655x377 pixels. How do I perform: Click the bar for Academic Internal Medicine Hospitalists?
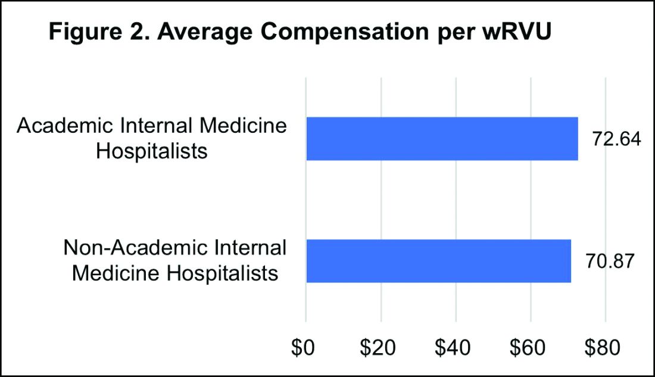(x=442, y=139)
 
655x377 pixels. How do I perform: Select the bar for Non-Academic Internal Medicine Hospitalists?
(x=438, y=261)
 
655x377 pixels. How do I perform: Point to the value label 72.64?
(x=616, y=139)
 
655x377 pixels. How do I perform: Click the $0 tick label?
(x=306, y=347)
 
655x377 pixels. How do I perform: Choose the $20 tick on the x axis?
(x=381, y=347)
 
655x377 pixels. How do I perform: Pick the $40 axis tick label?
(x=456, y=347)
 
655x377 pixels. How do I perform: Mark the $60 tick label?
(x=531, y=347)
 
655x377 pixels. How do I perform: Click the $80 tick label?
(x=605, y=347)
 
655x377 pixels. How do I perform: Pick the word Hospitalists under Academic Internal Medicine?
(x=152, y=152)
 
